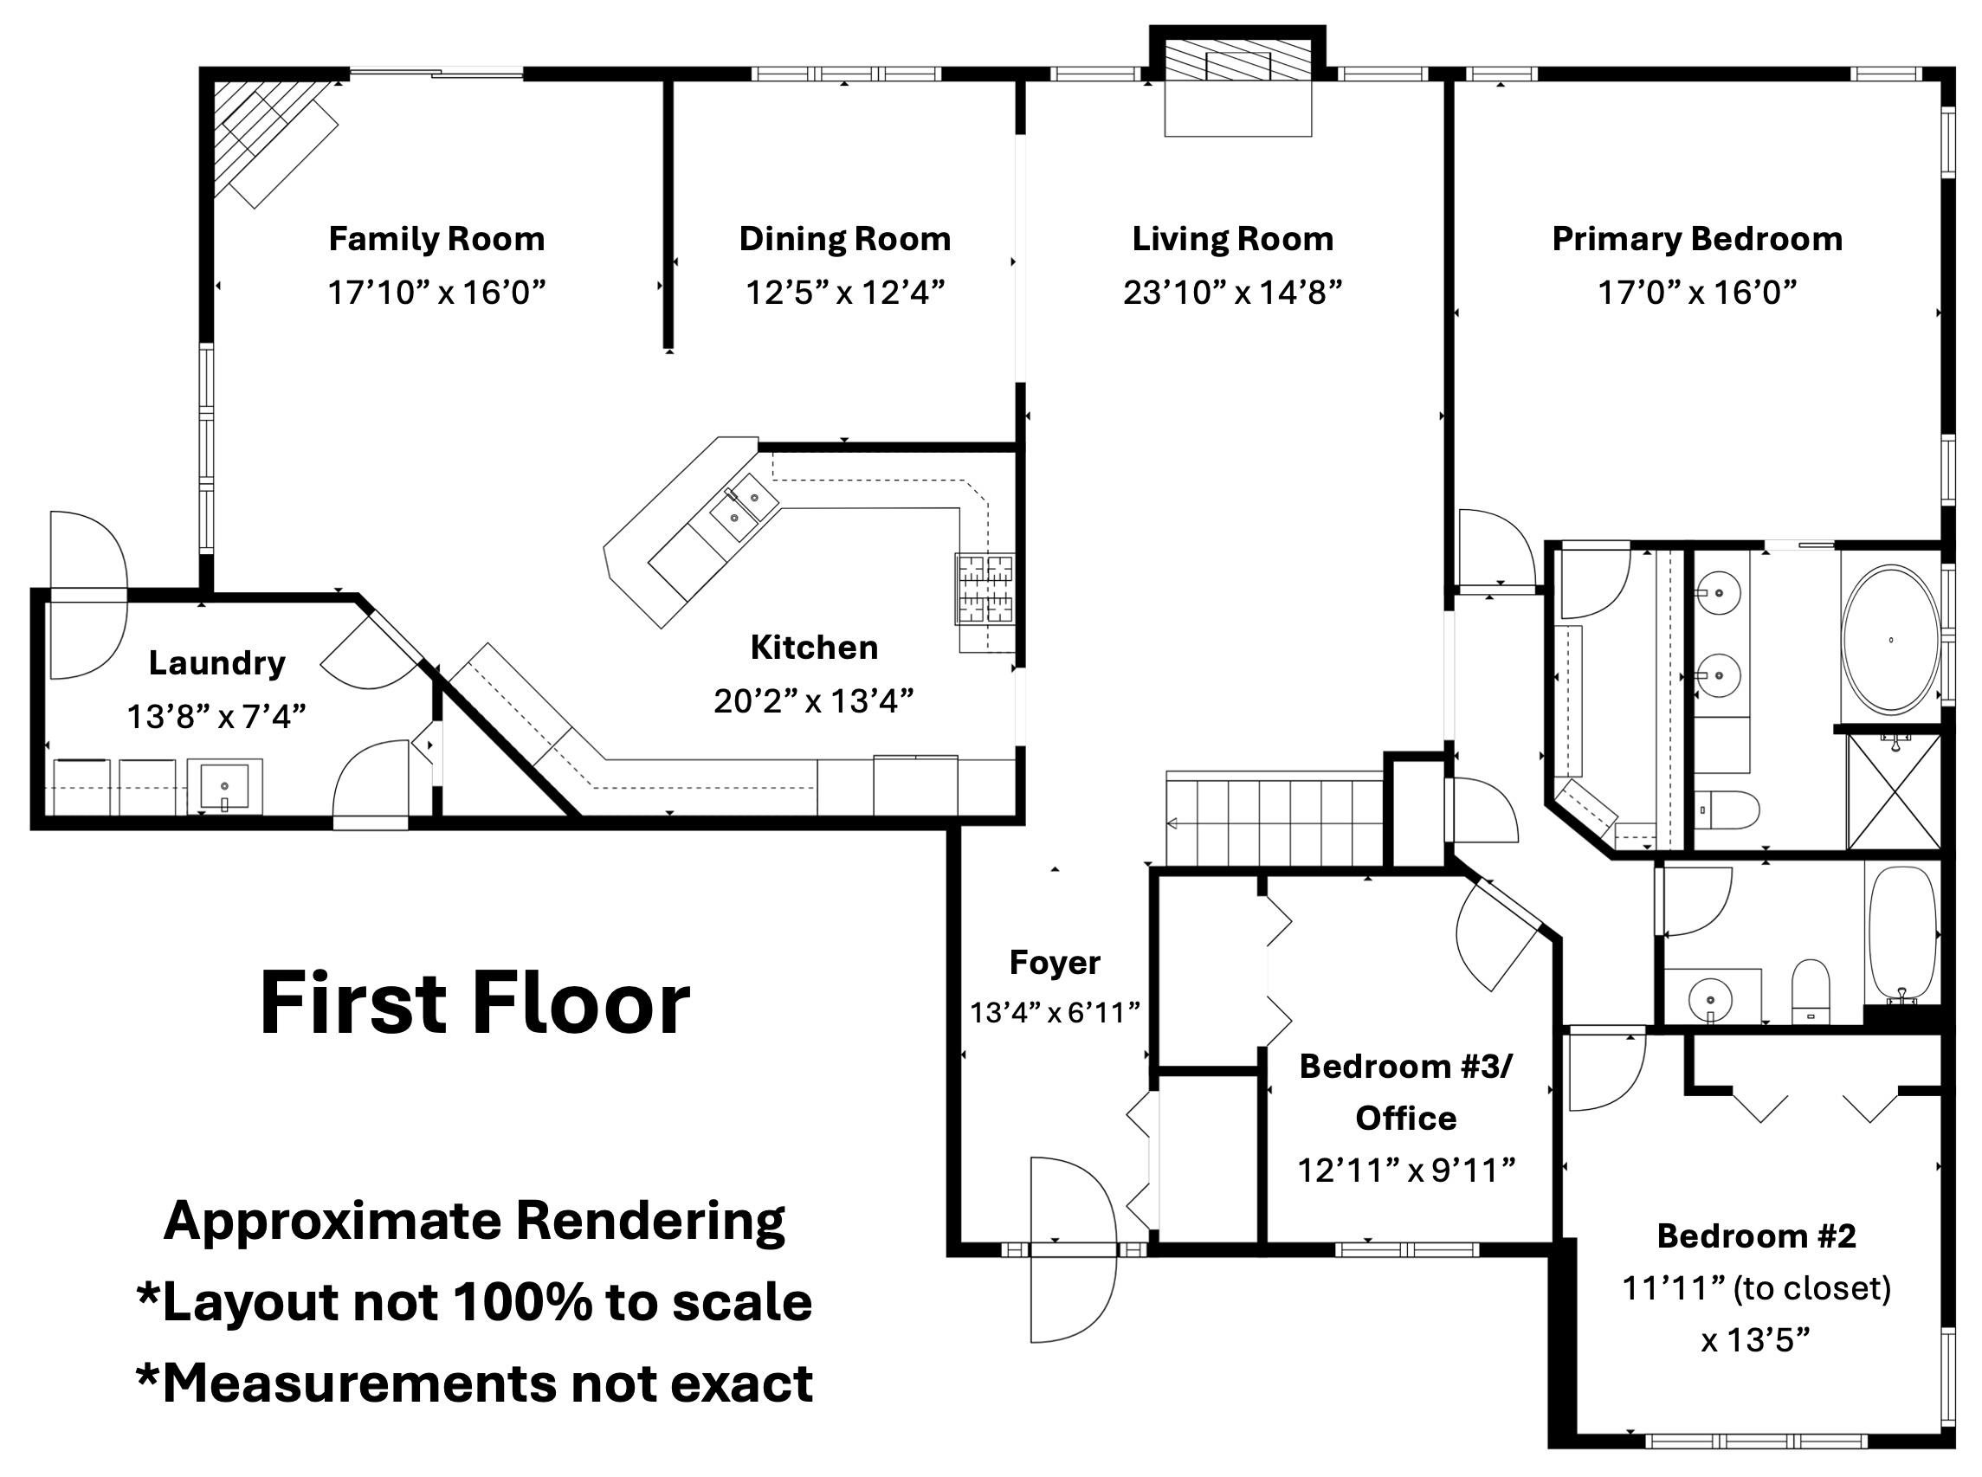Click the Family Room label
coord(436,239)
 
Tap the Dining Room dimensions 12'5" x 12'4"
coord(845,292)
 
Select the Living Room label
coord(1233,239)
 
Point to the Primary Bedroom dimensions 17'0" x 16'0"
coord(1697,292)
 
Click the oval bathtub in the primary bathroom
coord(1891,639)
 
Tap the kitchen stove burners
coord(985,590)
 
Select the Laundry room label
coord(217,662)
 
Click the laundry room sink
coord(225,786)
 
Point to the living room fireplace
coord(1237,82)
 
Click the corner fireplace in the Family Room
coord(268,139)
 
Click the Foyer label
coord(1055,962)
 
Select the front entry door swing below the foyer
coord(1073,1296)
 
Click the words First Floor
coord(475,1003)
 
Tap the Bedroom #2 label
coord(1756,1235)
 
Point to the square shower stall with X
coord(1894,791)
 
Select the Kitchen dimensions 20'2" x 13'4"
coord(814,701)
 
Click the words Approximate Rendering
coord(475,1221)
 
